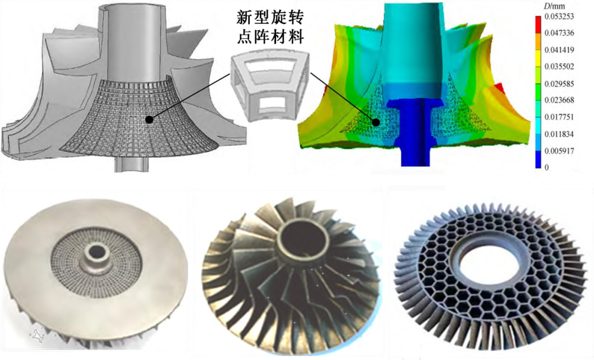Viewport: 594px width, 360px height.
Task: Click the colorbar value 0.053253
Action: (559, 16)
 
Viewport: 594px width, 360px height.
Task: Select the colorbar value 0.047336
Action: (559, 33)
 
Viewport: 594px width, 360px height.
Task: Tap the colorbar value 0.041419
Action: (559, 49)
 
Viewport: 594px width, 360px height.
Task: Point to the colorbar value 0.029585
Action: (559, 84)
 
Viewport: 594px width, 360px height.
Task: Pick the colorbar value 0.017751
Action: (559, 117)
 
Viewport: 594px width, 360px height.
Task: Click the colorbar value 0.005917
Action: (559, 151)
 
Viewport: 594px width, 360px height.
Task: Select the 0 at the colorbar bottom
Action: (547, 167)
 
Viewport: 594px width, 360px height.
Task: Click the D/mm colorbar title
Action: (554, 5)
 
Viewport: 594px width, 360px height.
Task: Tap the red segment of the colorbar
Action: (538, 23)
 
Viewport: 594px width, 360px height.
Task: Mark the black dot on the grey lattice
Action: (150, 120)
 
